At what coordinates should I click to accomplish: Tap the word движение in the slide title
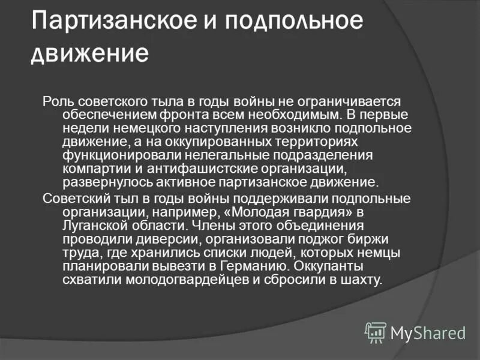pyautogui.click(x=90, y=53)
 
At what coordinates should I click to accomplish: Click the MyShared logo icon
pyautogui.click(x=376, y=332)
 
